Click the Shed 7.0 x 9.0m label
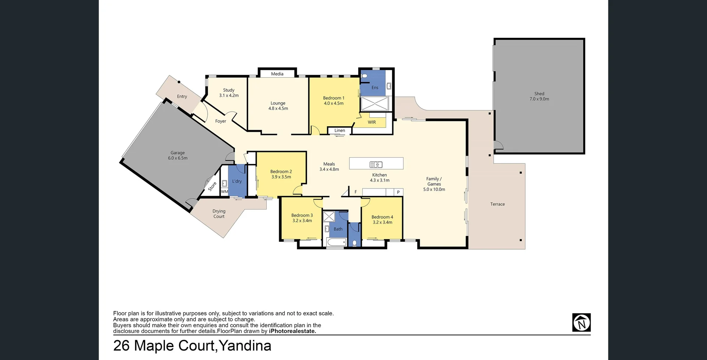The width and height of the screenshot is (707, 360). click(x=539, y=96)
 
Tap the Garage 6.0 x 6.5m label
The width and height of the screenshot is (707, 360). click(x=177, y=155)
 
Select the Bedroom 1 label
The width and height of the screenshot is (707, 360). click(x=334, y=100)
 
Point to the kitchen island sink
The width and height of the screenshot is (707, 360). click(x=376, y=165)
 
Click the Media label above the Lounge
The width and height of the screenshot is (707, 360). click(x=277, y=74)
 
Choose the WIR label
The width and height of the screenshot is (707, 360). click(x=372, y=122)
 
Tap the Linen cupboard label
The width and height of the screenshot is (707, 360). click(x=340, y=130)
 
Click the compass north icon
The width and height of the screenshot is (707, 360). click(x=581, y=322)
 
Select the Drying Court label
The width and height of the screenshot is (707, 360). click(x=219, y=214)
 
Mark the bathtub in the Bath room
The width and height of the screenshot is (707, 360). click(x=336, y=242)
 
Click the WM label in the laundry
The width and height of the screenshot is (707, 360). click(x=225, y=192)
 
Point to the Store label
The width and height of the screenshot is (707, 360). click(x=212, y=187)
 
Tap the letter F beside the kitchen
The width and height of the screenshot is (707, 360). click(x=356, y=192)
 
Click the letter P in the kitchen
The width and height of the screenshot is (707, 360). click(x=398, y=192)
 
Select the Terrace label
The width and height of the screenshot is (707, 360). click(x=497, y=204)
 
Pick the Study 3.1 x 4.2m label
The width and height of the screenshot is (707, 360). click(x=229, y=93)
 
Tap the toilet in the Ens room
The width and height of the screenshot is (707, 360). click(x=365, y=76)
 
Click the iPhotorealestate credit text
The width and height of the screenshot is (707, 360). click(x=292, y=331)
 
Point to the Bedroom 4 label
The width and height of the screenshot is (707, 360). click(x=382, y=220)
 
